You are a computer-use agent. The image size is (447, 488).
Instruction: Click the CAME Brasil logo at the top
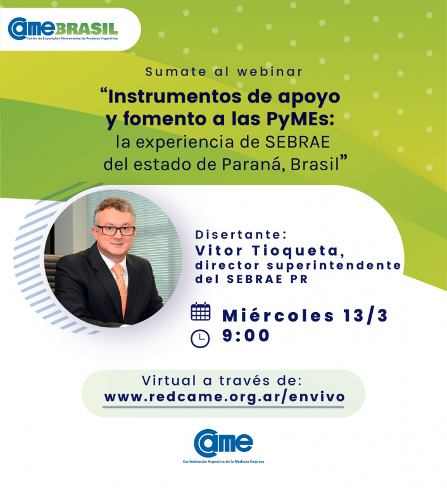click(63, 28)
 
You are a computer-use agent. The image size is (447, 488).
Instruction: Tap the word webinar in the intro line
click(270, 72)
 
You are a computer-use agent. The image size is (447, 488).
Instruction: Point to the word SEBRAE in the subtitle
click(298, 142)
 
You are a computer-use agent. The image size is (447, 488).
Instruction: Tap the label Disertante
click(241, 235)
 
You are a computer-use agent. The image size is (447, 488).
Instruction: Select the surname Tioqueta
click(298, 251)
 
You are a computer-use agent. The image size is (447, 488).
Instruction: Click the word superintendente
click(334, 265)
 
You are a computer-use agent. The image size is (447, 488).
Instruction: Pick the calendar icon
click(201, 311)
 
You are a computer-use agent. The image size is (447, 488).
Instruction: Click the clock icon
click(200, 338)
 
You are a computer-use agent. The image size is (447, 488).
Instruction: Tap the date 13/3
click(365, 316)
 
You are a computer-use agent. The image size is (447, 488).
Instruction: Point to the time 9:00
click(246, 335)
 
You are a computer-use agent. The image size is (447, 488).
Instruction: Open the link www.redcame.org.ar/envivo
click(224, 397)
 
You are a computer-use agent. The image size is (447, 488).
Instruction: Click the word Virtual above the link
click(169, 380)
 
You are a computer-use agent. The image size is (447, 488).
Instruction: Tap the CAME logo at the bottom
click(223, 446)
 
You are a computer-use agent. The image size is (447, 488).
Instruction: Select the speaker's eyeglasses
click(115, 230)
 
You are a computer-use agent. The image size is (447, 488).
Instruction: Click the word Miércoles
click(279, 316)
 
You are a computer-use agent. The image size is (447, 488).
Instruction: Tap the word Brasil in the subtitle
click(315, 165)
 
